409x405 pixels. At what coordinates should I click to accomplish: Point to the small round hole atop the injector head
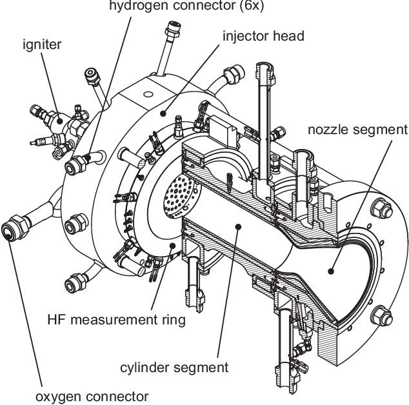click(x=149, y=94)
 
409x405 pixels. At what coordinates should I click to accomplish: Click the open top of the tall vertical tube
click(x=266, y=66)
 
